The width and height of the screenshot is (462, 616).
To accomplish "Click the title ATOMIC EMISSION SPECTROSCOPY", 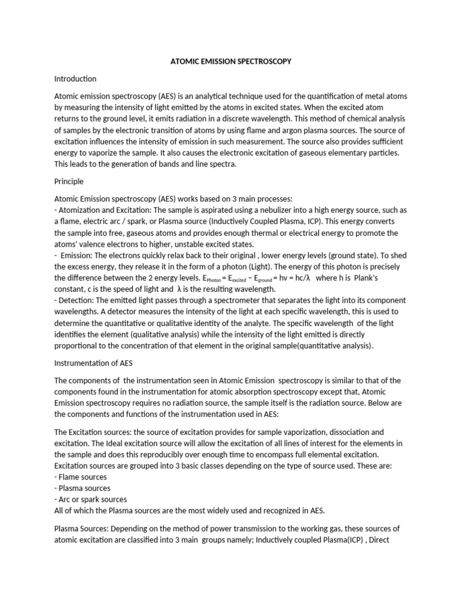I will point(230,61).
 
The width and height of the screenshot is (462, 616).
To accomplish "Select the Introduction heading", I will point(75,79).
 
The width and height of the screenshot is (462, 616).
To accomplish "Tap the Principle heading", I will point(69,181).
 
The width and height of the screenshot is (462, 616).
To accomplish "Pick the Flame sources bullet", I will point(81,477).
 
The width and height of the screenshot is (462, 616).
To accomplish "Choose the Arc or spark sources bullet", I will point(90,499).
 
